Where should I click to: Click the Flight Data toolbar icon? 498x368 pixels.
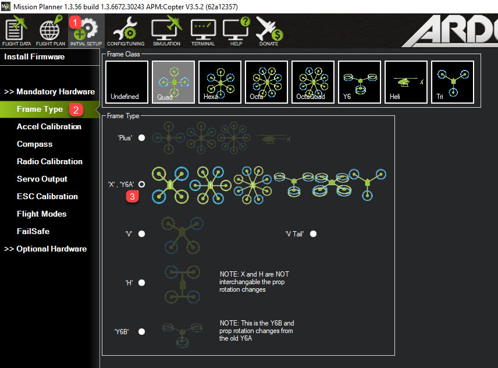pyautogui.click(x=16, y=31)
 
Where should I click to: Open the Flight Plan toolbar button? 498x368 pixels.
pyautogui.click(x=49, y=31)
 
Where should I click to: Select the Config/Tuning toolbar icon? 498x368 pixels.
pyautogui.click(x=126, y=31)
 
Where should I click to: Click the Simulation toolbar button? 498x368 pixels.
pyautogui.click(x=166, y=31)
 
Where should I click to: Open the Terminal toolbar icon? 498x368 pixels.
pyautogui.click(x=203, y=31)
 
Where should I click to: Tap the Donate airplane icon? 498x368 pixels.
pyautogui.click(x=269, y=31)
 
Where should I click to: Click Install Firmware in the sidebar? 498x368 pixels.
pyautogui.click(x=34, y=57)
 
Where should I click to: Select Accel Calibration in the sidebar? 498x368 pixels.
pyautogui.click(x=49, y=126)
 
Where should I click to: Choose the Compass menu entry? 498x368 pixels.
pyautogui.click(x=34, y=144)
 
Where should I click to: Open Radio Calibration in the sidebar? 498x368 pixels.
pyautogui.click(x=49, y=161)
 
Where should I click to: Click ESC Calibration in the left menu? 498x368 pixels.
pyautogui.click(x=47, y=196)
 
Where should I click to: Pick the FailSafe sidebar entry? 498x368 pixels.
pyautogui.click(x=33, y=231)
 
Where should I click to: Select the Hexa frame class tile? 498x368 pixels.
pyautogui.click(x=220, y=82)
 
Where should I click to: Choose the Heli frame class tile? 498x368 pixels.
pyautogui.click(x=406, y=82)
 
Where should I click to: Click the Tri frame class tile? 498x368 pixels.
pyautogui.click(x=453, y=82)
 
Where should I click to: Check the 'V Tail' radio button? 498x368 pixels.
pyautogui.click(x=314, y=234)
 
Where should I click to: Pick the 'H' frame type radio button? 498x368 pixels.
pyautogui.click(x=141, y=283)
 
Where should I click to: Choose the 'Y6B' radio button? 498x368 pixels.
pyautogui.click(x=141, y=331)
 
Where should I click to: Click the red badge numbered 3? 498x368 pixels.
pyautogui.click(x=133, y=196)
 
